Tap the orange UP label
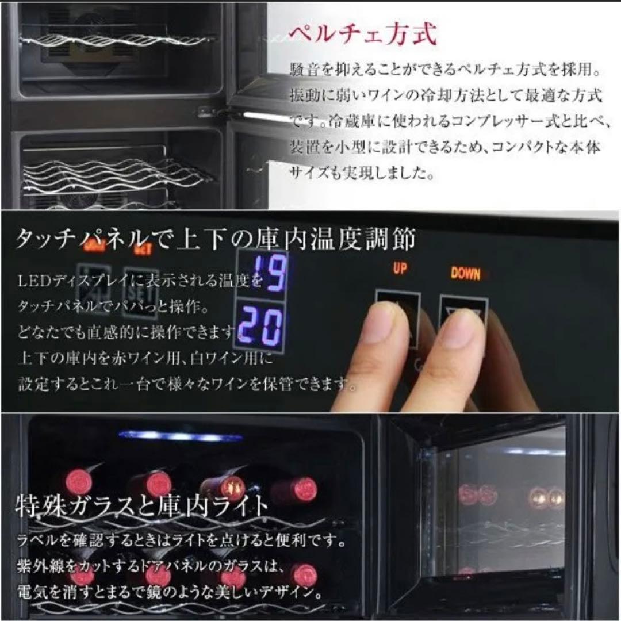(400, 268)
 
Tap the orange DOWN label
(465, 273)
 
